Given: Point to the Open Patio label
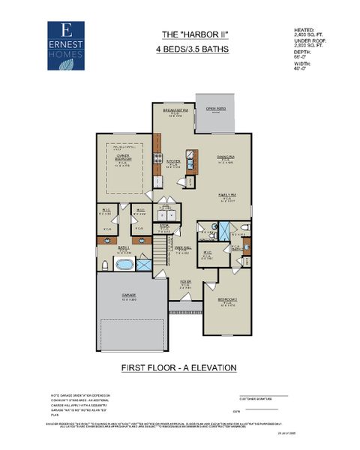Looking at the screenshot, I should [216, 109].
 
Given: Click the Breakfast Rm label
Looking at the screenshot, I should [174, 110].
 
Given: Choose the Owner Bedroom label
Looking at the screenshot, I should [124, 158].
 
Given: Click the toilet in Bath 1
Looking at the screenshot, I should [104, 265].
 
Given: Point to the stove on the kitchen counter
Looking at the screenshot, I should [158, 159].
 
